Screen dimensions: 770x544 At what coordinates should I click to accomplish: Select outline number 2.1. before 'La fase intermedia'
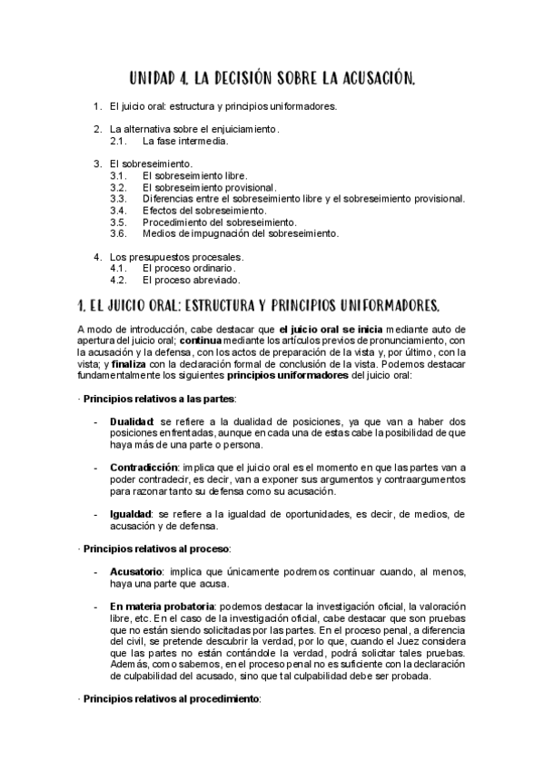pyautogui.click(x=118, y=141)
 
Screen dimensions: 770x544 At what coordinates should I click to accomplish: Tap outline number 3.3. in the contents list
pyautogui.click(x=118, y=198)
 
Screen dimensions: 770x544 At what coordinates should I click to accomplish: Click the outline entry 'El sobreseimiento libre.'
pyautogui.click(x=194, y=175)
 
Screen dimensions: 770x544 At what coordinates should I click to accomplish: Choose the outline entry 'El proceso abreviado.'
pyautogui.click(x=192, y=280)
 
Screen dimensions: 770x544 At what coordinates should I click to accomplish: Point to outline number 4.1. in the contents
pyautogui.click(x=118, y=268)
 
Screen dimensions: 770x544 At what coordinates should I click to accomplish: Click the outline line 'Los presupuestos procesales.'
pyautogui.click(x=176, y=257)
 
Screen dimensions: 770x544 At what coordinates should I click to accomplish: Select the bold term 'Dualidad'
pyautogui.click(x=132, y=421)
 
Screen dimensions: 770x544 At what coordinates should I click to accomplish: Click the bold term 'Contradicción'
pyautogui.click(x=143, y=467)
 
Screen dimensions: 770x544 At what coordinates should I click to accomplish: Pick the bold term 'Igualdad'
pyautogui.click(x=131, y=513)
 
